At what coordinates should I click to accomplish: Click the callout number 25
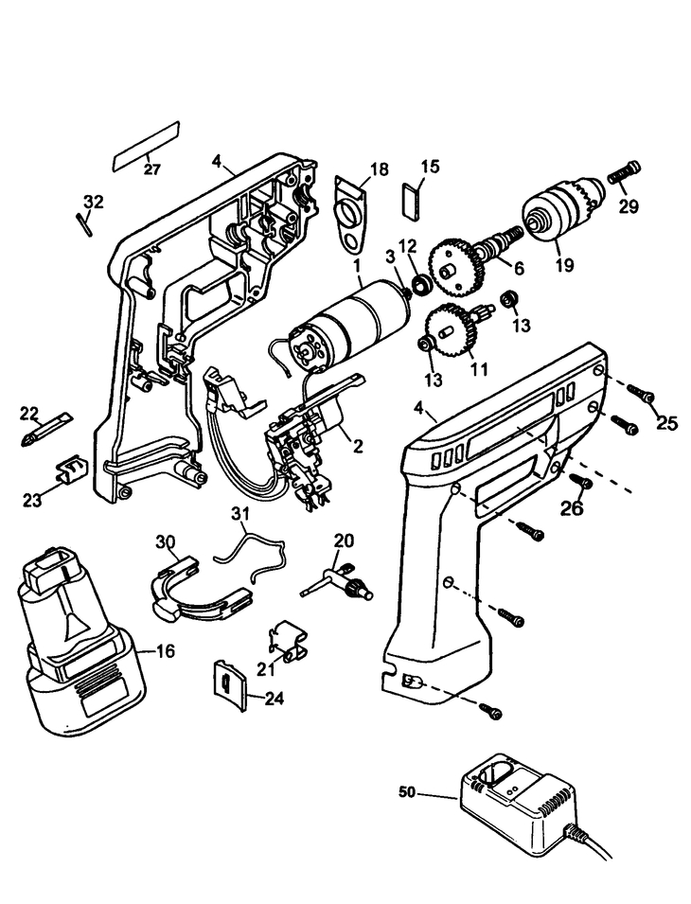(x=666, y=423)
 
